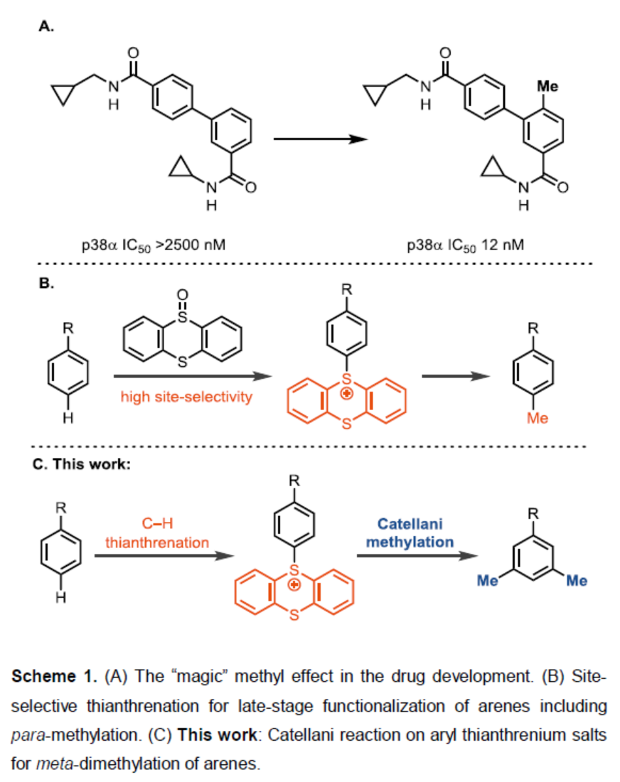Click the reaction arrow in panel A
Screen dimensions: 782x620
point(320,139)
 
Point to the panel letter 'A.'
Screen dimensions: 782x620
point(47,28)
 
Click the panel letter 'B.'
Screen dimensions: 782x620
point(47,283)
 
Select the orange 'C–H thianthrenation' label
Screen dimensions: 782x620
point(157,533)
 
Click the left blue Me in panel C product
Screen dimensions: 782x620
point(486,582)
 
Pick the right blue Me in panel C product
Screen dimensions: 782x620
point(577,582)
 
